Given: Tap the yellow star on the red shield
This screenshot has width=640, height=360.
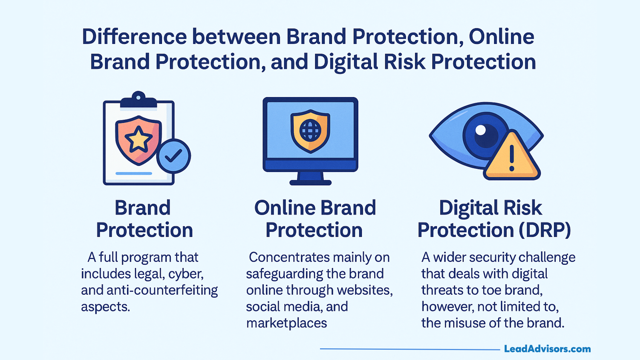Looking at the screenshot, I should tap(138, 139).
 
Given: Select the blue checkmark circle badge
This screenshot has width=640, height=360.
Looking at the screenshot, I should tap(173, 156).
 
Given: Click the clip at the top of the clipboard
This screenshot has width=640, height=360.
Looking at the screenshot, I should tap(138, 100).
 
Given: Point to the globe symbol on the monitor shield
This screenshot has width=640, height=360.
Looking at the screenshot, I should tap(310, 130).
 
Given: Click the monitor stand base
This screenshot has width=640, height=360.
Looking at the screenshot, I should tap(310, 182).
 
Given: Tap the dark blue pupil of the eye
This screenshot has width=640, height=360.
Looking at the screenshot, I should tap(486, 135).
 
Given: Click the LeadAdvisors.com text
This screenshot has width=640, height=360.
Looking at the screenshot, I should tap(547, 349).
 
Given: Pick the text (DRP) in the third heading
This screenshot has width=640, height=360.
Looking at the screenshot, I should tap(544, 230).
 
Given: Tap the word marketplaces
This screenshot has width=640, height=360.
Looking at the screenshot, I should tap(287, 323).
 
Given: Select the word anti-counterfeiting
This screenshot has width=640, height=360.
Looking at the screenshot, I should tap(162, 290).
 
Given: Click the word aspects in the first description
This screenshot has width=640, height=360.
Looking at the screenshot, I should tap(105, 307).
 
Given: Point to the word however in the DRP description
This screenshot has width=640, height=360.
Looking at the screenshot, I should tap(447, 307).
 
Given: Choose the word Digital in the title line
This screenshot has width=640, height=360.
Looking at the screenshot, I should tap(346, 62).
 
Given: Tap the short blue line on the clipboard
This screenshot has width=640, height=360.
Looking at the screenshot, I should tap(134, 173).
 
